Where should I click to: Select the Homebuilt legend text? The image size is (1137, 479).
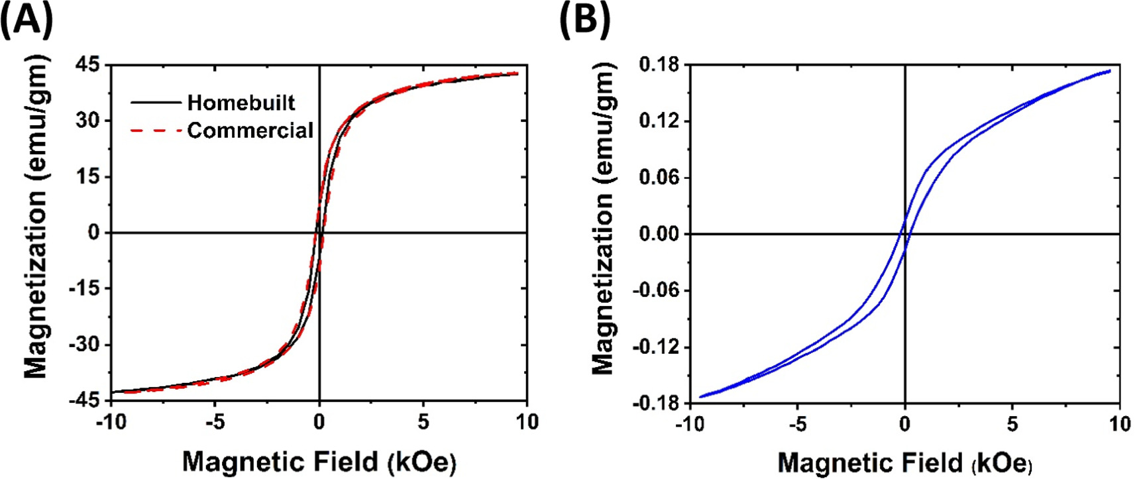tap(241, 103)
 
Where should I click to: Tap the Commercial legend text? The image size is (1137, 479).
tap(250, 131)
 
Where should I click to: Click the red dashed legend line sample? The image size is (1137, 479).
tap(156, 131)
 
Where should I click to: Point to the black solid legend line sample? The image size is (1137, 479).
tap(156, 103)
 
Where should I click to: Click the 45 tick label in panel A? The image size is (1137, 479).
tap(87, 65)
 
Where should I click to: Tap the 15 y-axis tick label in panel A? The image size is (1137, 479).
tap(87, 177)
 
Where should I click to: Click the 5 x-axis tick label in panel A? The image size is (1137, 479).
tap(423, 422)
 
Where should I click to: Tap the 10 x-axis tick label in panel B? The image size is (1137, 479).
tap(1119, 424)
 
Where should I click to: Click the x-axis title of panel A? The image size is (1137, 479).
tap(319, 461)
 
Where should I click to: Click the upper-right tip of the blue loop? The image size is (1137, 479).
tap(1110, 70)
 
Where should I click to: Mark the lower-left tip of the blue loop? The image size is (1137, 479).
tap(700, 397)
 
